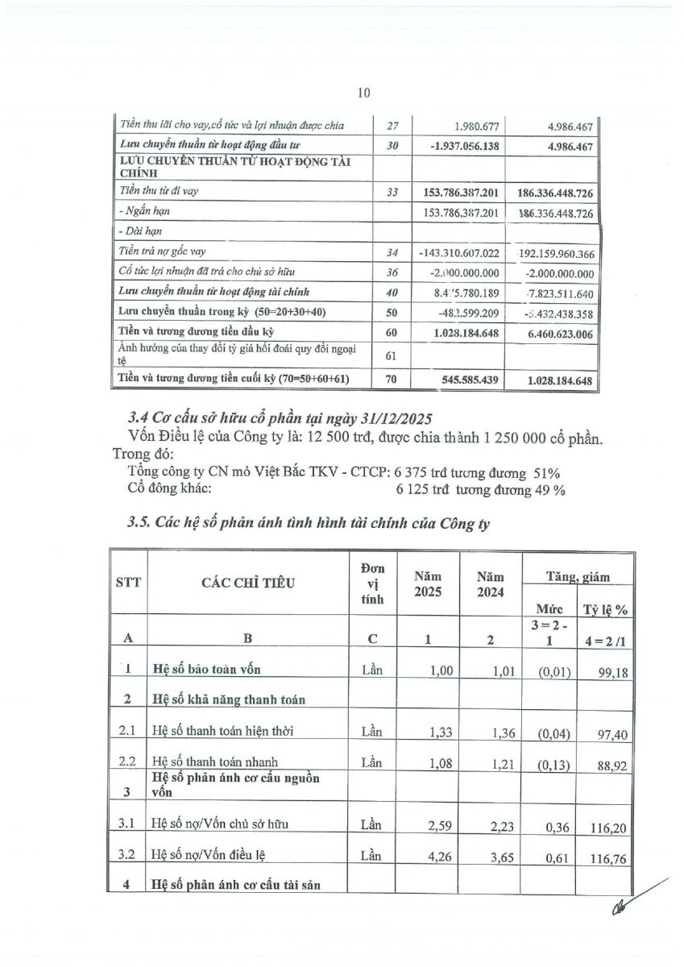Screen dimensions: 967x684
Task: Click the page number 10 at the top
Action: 363,93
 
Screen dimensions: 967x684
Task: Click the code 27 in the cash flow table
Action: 392,125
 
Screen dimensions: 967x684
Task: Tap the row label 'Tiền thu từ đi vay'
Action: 159,191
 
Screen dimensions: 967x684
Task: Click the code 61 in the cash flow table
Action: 392,354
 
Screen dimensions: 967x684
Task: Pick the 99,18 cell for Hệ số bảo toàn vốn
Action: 613,670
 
